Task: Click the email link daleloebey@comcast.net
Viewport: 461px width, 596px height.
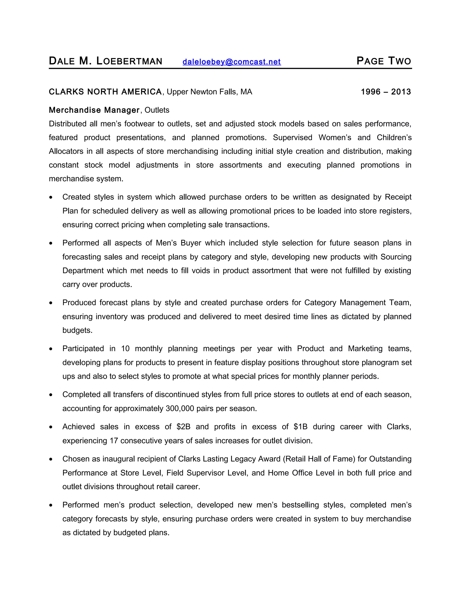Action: (x=231, y=62)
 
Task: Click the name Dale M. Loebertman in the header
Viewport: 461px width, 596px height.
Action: (x=105, y=61)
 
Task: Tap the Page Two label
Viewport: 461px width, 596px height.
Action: (x=384, y=61)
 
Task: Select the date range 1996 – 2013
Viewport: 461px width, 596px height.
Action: (x=386, y=92)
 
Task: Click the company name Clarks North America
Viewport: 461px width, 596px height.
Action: (x=105, y=92)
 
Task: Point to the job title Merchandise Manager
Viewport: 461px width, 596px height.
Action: (x=94, y=110)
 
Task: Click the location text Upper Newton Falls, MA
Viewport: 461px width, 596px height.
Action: (x=210, y=92)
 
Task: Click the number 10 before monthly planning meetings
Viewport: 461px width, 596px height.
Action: (x=125, y=349)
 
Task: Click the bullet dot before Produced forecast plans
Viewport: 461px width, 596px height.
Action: (x=51, y=303)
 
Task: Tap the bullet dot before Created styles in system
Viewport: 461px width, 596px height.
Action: (x=51, y=197)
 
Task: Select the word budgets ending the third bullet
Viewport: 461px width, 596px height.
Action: (x=77, y=330)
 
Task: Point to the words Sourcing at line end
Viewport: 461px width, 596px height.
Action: (x=396, y=257)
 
